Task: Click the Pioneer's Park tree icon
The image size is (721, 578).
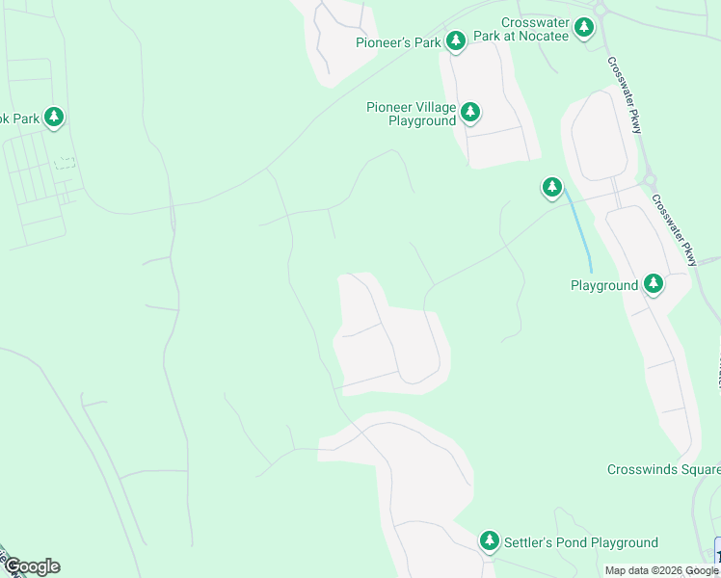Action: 456,40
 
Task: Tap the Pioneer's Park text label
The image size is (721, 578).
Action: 397,42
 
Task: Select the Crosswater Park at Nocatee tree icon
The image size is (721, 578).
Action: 584,28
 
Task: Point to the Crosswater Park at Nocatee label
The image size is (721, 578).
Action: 536,28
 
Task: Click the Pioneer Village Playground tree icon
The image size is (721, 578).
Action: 470,112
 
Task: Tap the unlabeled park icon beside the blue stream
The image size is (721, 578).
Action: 551,187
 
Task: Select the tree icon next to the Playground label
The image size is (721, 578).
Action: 654,283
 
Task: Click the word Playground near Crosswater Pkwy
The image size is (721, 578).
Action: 604,285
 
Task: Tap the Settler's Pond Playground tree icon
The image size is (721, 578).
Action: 490,541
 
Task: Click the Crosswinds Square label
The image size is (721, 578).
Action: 663,469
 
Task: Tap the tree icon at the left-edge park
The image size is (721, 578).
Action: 54,118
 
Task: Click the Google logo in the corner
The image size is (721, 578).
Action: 31,566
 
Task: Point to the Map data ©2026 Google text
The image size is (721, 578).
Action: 661,571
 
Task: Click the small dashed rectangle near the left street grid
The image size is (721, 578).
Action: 65,163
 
